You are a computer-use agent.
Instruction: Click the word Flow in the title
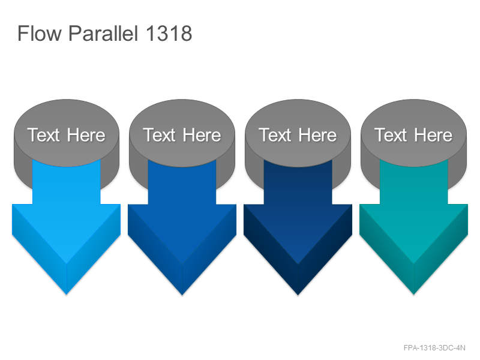(x=40, y=33)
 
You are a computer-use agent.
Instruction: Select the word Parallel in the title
(x=103, y=33)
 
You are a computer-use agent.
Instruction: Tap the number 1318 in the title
(x=169, y=34)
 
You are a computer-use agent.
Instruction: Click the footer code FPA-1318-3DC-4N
(x=434, y=348)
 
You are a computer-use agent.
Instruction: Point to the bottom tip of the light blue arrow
(x=67, y=295)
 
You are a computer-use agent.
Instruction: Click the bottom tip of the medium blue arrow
(x=182, y=295)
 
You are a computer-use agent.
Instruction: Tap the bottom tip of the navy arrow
(x=298, y=295)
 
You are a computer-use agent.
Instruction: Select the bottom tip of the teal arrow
(x=413, y=295)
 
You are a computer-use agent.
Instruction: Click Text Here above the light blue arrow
(x=66, y=135)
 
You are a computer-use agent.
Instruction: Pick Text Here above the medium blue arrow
(x=182, y=135)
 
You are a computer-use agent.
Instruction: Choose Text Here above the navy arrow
(x=298, y=135)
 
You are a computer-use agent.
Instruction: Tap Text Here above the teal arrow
(x=413, y=135)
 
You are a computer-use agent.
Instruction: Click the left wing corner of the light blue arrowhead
(x=12, y=205)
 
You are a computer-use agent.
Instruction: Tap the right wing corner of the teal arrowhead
(x=468, y=205)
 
